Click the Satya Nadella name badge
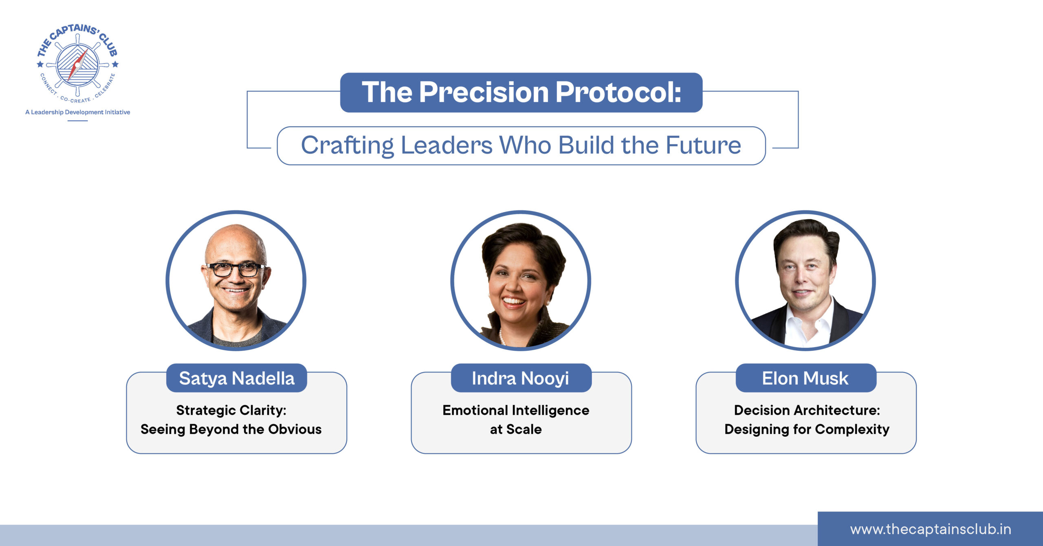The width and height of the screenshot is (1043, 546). coord(237,378)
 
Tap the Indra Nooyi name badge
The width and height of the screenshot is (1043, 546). coord(521,378)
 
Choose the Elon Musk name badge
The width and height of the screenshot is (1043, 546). coord(806,378)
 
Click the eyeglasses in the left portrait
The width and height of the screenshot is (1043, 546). coord(235,269)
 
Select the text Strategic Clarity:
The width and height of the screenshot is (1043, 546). coord(231,410)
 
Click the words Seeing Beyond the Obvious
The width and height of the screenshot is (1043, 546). coord(231,429)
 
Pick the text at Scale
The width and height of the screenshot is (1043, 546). coord(516,429)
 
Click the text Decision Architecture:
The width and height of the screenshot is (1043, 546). coord(807,410)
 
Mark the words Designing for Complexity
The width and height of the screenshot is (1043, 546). coord(807,430)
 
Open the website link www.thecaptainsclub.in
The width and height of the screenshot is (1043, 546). coord(931,529)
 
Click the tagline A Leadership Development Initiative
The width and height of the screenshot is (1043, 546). coord(78,112)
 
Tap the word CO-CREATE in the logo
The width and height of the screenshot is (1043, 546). coord(76,100)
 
